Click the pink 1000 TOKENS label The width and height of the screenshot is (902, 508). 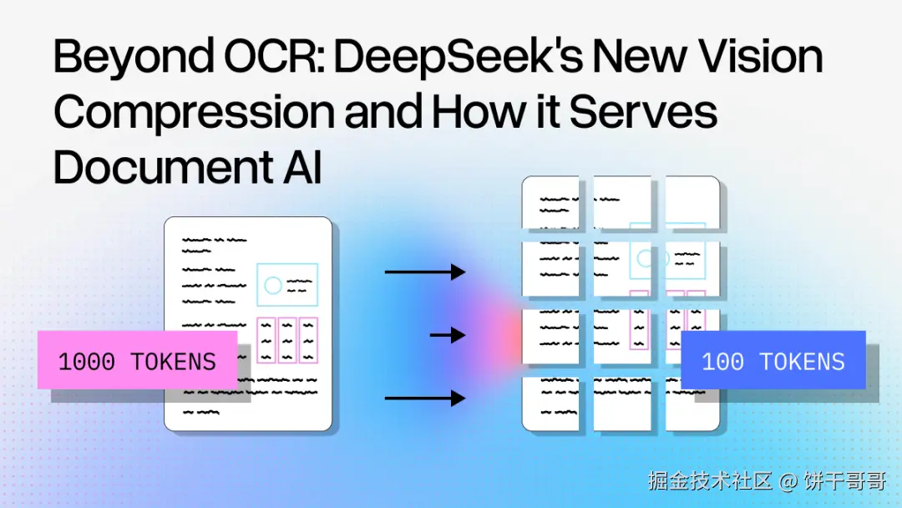coord(137,361)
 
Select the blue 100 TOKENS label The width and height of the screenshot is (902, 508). coord(773,361)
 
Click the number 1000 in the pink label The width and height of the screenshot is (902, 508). coord(87,362)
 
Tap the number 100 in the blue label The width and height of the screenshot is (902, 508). coord(723,362)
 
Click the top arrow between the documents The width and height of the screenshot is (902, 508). coord(424,272)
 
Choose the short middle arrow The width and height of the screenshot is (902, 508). coord(448,335)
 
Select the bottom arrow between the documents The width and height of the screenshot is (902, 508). coord(424,399)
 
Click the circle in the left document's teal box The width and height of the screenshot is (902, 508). coord(273,286)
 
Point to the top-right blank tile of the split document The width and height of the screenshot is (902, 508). coord(692,203)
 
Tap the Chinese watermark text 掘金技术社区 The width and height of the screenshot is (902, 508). coord(711,481)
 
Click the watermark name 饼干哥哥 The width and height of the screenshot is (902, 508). coord(844,481)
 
